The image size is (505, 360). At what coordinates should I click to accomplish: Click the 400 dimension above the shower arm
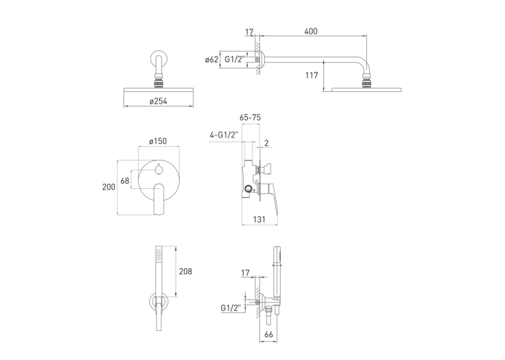click(310, 31)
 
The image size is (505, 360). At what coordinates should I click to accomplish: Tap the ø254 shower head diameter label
click(158, 101)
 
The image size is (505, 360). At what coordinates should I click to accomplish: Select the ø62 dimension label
click(212, 59)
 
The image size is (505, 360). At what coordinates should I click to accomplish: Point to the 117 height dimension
click(312, 75)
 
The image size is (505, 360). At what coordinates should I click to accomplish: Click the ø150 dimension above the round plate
click(158, 141)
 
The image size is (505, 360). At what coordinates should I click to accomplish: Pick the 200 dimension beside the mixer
click(108, 187)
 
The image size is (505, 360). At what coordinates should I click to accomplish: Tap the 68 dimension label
click(125, 181)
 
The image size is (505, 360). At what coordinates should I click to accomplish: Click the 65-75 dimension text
click(250, 118)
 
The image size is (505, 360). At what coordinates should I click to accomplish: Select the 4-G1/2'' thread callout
click(224, 135)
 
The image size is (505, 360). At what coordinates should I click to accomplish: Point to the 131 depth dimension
click(259, 219)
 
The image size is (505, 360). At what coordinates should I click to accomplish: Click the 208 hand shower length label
click(185, 271)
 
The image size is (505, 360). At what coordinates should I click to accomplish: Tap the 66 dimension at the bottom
click(268, 334)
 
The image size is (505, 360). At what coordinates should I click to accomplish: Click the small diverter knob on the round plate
click(158, 169)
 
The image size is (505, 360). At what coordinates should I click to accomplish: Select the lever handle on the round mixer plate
click(159, 199)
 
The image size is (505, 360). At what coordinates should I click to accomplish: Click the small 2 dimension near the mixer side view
click(266, 143)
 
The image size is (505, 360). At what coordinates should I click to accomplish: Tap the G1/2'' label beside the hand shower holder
click(231, 308)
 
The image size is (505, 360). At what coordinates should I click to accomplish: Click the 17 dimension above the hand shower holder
click(245, 273)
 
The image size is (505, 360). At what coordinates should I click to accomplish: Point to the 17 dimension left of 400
click(249, 32)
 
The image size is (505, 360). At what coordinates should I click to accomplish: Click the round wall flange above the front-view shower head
click(159, 59)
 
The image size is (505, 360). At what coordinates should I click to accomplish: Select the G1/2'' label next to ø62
click(234, 59)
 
